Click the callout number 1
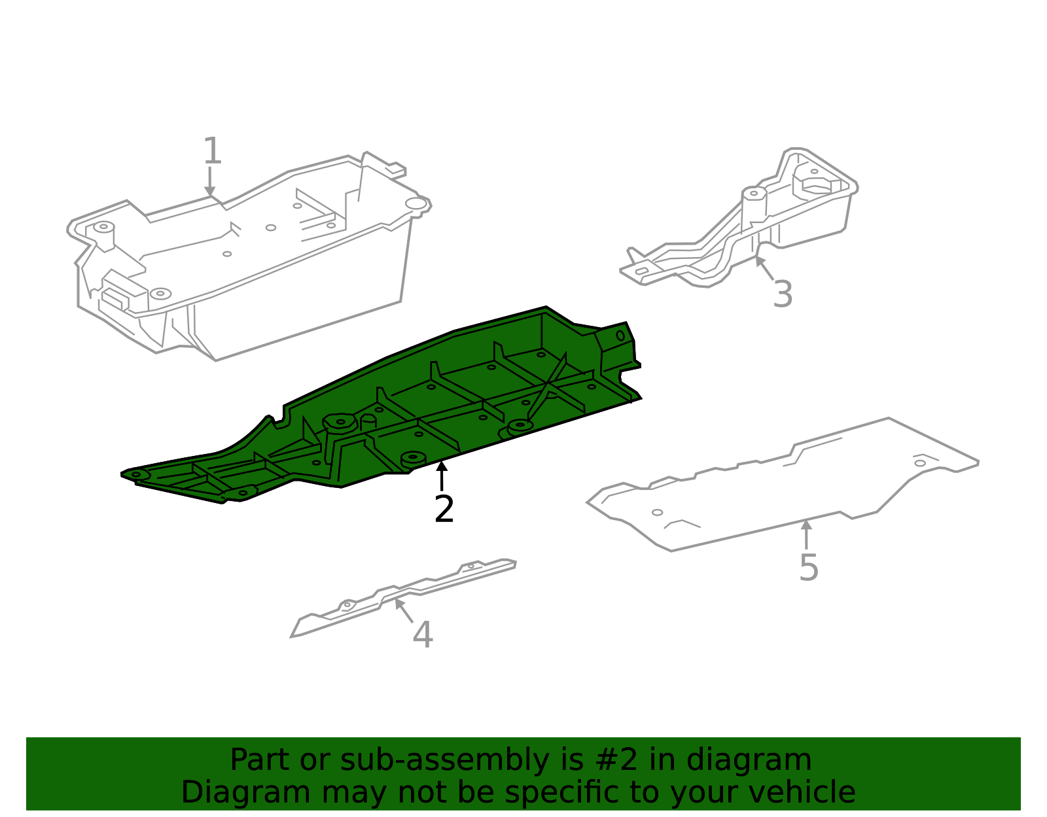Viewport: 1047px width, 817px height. pos(213,150)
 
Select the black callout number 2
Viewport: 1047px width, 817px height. pos(444,509)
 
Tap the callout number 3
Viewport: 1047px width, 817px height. pos(783,294)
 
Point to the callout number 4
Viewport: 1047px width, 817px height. pos(423,634)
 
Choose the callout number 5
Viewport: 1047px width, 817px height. pos(809,568)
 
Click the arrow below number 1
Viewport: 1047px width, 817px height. pos(209,181)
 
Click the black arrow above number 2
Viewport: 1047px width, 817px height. pos(442,476)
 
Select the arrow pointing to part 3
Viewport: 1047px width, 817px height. pos(765,268)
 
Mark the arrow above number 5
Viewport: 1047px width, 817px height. pos(807,534)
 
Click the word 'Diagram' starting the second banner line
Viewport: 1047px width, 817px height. pos(245,792)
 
